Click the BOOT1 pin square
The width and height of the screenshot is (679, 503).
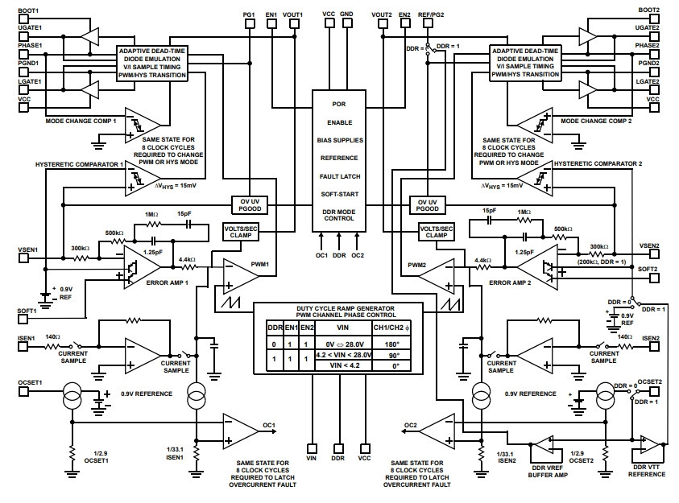click(23, 19)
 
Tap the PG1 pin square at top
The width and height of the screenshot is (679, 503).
click(250, 23)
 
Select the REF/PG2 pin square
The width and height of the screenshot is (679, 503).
click(428, 23)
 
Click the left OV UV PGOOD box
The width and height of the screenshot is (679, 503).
click(250, 205)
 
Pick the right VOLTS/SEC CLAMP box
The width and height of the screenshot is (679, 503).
click(436, 232)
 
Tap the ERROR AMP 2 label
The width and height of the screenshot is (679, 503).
click(510, 282)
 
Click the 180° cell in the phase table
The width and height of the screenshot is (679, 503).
click(391, 344)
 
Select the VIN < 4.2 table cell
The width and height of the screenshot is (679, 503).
click(344, 365)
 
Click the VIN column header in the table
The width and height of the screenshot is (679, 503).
click(344, 328)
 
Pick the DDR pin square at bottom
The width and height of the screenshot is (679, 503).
click(338, 448)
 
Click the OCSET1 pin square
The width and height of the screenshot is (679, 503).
click(23, 391)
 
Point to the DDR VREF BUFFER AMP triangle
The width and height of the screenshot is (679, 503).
click(543, 444)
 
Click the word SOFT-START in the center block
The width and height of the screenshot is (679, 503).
click(340, 194)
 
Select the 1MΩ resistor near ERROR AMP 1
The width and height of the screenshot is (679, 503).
click(152, 224)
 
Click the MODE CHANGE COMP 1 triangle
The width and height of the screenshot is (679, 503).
click(143, 126)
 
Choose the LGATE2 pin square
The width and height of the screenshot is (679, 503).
click(654, 89)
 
